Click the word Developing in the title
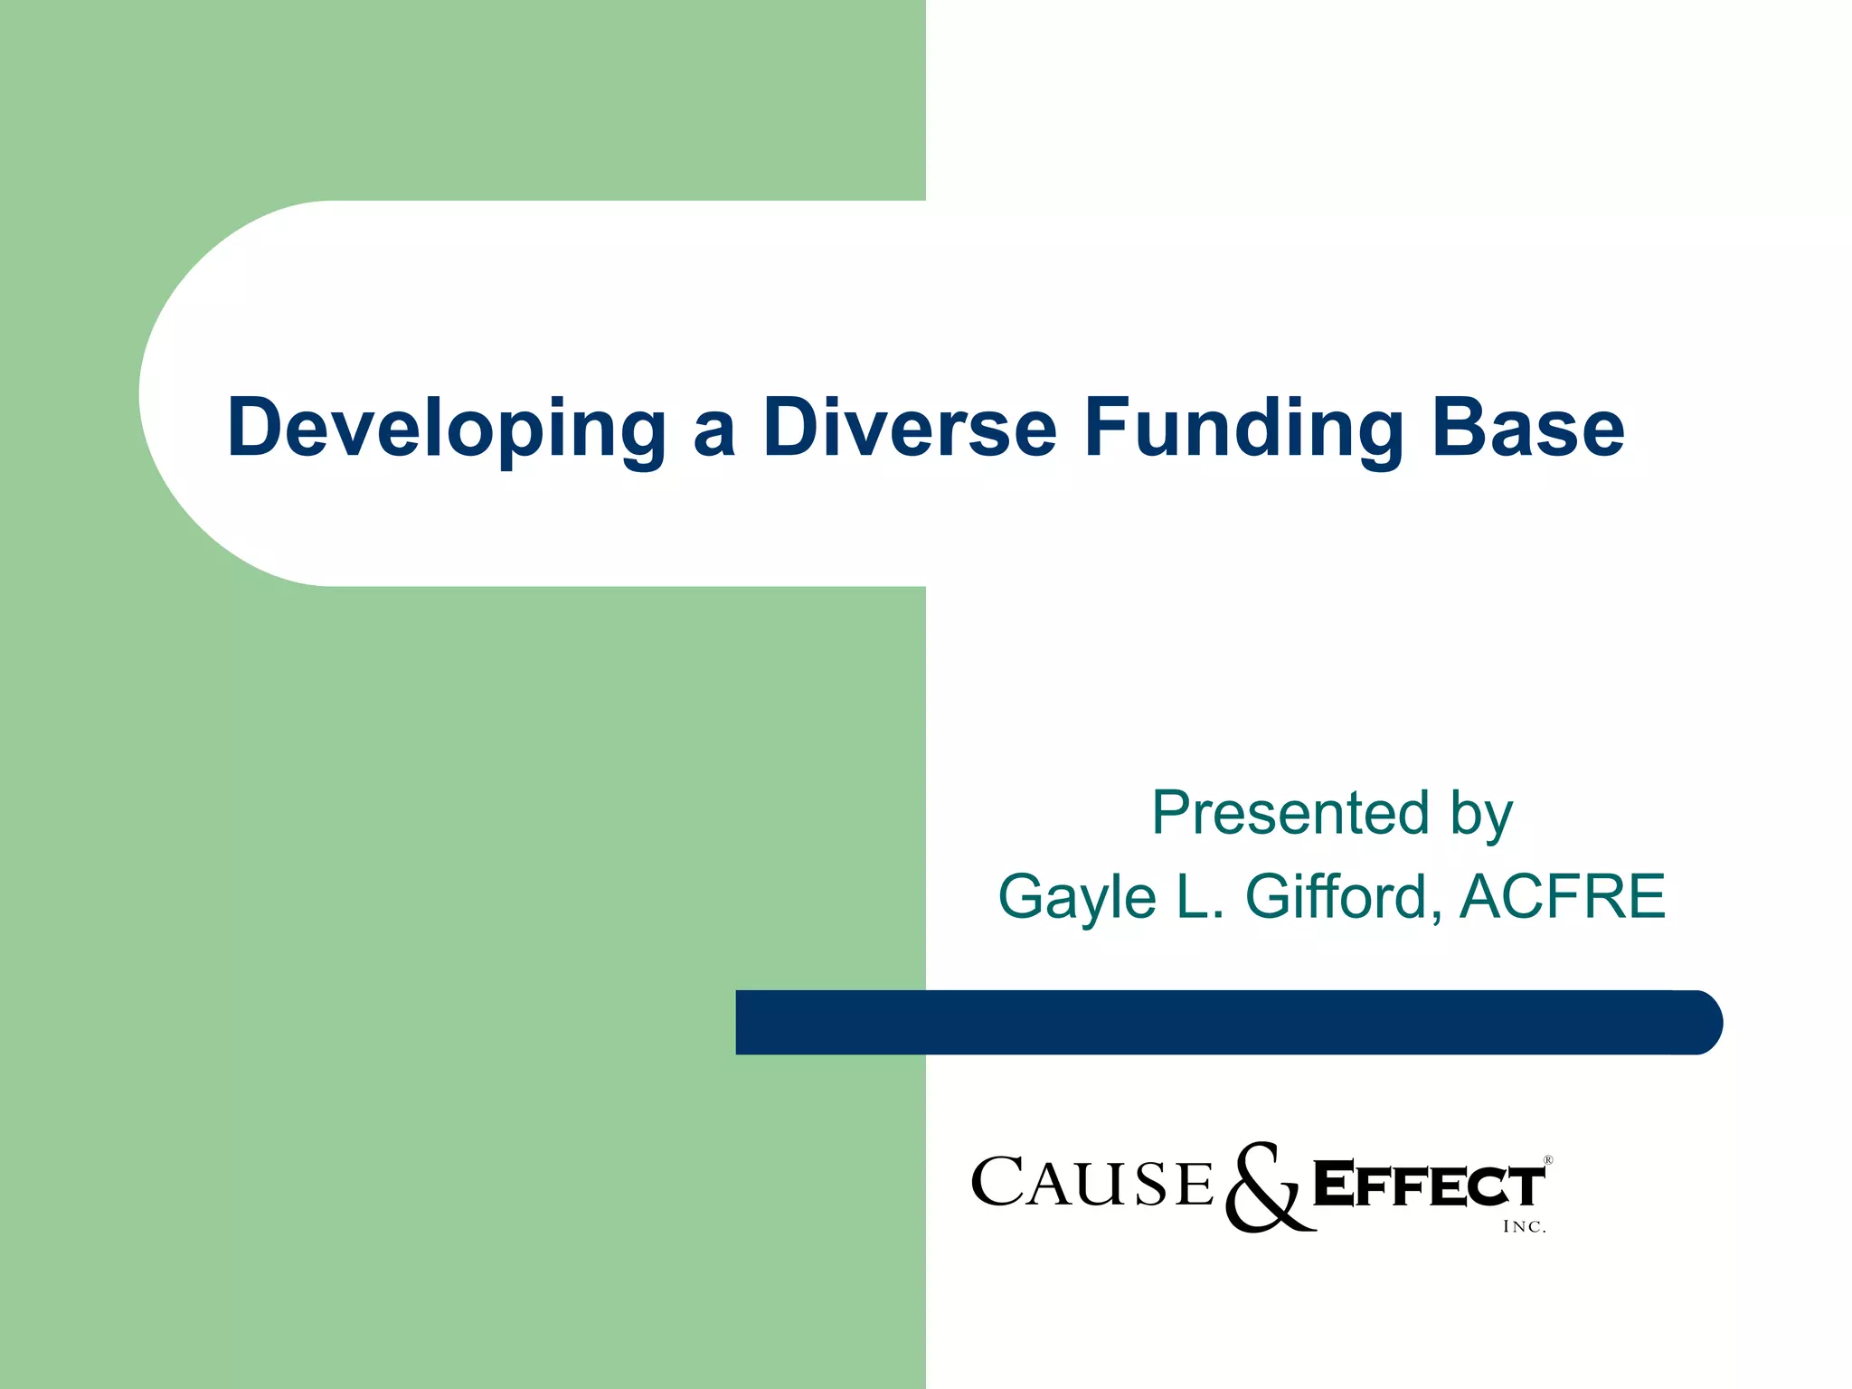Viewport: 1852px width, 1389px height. tap(446, 429)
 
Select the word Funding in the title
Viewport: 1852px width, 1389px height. tap(1243, 429)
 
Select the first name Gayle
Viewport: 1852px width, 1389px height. tap(1077, 897)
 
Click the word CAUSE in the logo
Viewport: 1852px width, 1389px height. tap(1091, 1183)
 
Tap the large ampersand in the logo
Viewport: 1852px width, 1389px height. tap(1266, 1186)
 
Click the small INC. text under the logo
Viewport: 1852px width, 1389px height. tap(1524, 1227)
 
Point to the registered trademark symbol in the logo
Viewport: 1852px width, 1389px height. tap(1547, 1160)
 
